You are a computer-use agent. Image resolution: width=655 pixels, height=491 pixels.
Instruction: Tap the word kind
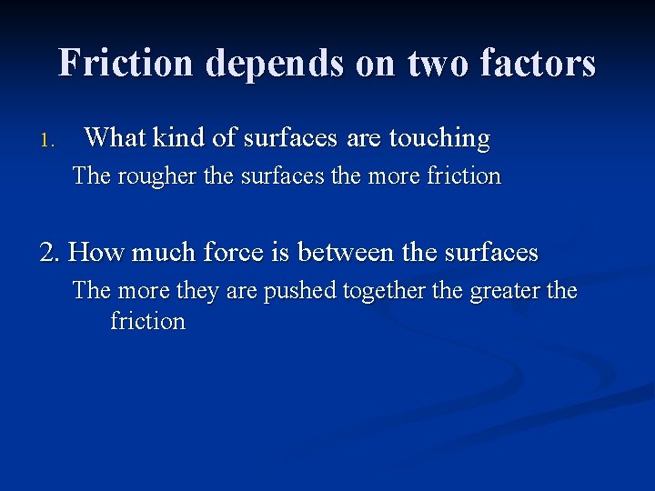(180, 138)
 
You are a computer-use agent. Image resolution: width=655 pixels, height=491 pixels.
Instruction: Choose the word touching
(439, 139)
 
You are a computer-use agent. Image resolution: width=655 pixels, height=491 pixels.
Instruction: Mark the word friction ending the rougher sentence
(463, 175)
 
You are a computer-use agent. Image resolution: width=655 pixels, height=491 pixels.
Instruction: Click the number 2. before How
(51, 252)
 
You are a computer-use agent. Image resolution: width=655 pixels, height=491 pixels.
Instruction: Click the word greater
(503, 292)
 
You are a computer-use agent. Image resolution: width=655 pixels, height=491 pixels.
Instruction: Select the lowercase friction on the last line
(147, 321)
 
